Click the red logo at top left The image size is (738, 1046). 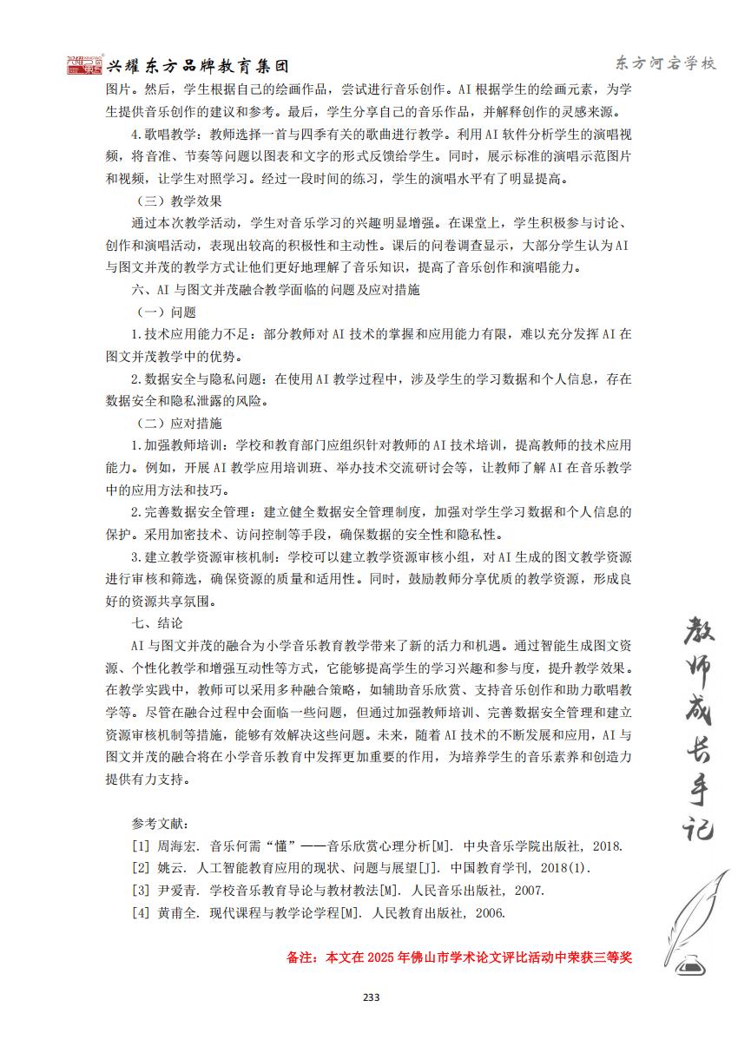click(86, 65)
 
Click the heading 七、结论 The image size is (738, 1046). click(156, 622)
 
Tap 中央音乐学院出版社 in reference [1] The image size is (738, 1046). click(521, 845)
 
